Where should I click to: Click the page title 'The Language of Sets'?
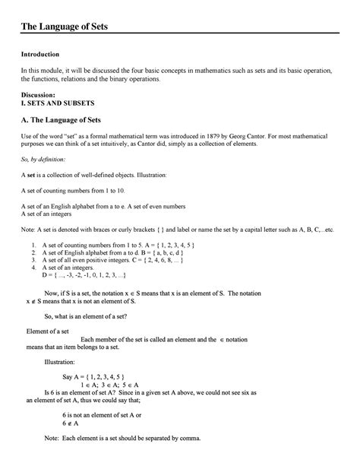coord(65,28)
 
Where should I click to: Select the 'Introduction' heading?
coord(40,55)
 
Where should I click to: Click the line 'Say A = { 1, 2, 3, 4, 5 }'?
coord(93,377)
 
